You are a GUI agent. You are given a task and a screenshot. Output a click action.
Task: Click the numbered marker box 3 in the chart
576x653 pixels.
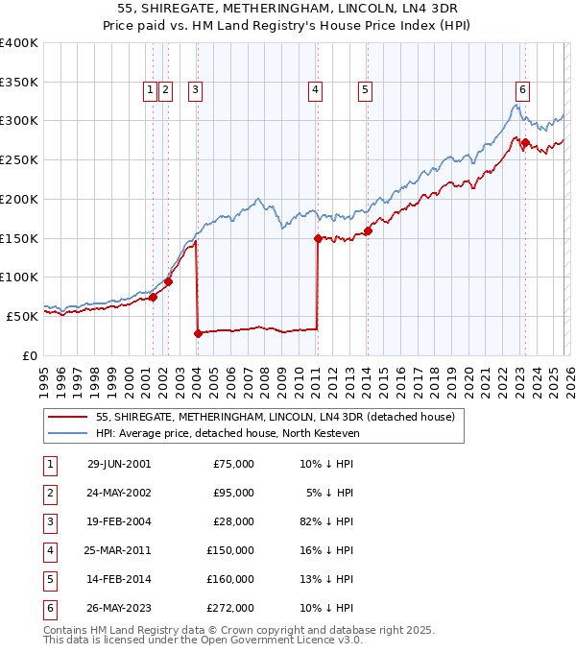tap(195, 90)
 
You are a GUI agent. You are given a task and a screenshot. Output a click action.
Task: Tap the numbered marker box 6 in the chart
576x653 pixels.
tap(522, 90)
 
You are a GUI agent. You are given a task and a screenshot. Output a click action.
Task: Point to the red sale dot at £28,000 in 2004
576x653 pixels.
tap(198, 333)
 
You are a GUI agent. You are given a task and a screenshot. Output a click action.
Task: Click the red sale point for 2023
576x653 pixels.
tap(526, 142)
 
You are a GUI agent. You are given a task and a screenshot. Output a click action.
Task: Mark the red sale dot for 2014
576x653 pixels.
tap(368, 230)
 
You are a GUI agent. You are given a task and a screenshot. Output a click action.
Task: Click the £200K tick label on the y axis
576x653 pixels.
tap(18, 199)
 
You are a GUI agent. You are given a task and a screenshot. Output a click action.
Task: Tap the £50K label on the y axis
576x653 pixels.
tap(22, 316)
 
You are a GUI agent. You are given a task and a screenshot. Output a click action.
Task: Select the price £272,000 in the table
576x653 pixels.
tap(232, 607)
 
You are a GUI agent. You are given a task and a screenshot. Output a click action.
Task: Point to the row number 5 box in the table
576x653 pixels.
tap(49, 578)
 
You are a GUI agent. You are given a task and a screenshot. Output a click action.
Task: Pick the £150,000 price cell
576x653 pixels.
tap(232, 549)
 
